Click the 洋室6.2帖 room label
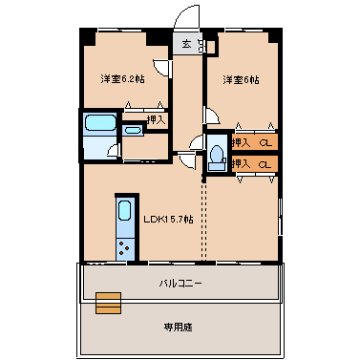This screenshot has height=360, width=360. click(122, 78)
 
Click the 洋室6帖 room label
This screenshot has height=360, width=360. click(241, 79)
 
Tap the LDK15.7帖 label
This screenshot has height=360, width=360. click(168, 219)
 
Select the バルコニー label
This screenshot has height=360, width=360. click(180, 283)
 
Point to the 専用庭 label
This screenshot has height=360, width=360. click(178, 327)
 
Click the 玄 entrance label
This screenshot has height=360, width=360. click(186, 44)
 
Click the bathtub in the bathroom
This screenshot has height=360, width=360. click(100, 122)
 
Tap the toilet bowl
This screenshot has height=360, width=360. click(218, 153)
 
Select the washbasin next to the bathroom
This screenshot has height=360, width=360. click(133, 130)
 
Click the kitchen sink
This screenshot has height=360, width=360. click(125, 210)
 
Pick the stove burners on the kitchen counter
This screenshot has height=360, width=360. click(124, 248)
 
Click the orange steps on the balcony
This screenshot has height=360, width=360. click(109, 303)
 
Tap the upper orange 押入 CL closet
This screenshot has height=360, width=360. click(255, 142)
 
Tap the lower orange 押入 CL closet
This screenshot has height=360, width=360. click(255, 164)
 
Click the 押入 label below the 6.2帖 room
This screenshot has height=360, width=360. click(157, 119)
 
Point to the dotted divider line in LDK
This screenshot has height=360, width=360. click(203, 221)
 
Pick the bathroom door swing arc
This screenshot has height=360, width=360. click(112, 150)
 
